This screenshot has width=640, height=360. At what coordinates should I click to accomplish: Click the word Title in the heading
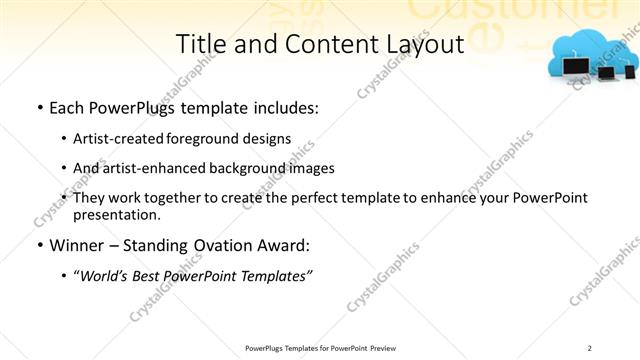tap(200, 45)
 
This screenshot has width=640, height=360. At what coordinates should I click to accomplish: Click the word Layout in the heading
tap(424, 45)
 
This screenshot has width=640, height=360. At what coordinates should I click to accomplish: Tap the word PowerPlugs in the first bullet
tap(129, 107)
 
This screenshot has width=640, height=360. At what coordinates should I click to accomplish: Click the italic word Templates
tap(277, 276)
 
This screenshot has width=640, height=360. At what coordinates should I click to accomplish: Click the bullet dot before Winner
tap(38, 245)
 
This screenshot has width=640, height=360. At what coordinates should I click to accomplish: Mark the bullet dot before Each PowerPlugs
tap(38, 107)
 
